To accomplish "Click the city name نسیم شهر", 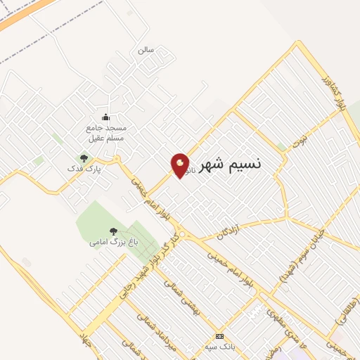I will [x=230, y=165].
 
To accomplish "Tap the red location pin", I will [x=181, y=165].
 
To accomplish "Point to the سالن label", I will [x=146, y=50].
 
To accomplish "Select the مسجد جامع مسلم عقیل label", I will [x=105, y=133].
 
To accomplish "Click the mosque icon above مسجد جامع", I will [x=105, y=117].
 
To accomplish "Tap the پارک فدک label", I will [x=84, y=169].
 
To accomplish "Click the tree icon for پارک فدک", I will [x=84, y=158].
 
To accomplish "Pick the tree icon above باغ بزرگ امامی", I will [x=113, y=231].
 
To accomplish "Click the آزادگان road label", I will [x=229, y=231].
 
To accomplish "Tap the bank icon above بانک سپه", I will [x=219, y=336].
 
